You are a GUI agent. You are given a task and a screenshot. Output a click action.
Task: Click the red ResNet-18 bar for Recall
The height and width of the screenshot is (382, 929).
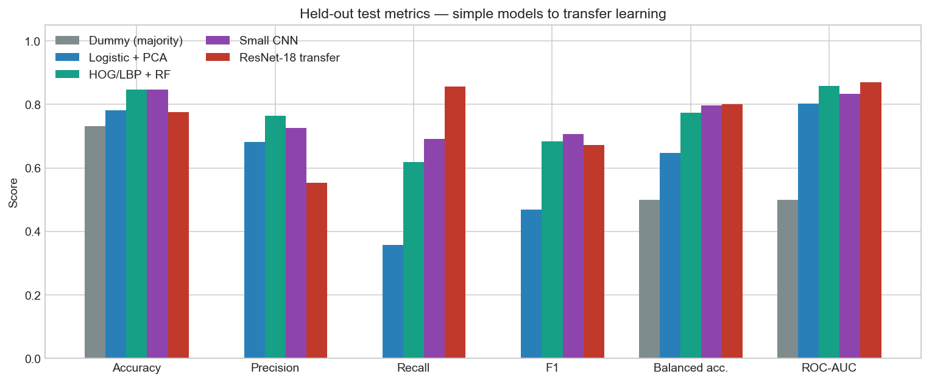[x=455, y=222]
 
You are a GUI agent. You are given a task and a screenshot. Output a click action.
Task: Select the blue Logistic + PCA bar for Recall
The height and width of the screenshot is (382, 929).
[x=393, y=302]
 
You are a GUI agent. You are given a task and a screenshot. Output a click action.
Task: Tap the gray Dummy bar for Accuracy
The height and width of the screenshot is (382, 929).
[x=95, y=242]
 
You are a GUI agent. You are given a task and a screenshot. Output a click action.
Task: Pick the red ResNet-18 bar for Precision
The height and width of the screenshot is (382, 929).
[x=317, y=271]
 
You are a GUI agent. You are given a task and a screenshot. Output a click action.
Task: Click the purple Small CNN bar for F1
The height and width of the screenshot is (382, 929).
[x=573, y=246]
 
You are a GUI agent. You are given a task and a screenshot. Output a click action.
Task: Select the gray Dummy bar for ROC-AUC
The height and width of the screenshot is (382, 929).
[x=788, y=278]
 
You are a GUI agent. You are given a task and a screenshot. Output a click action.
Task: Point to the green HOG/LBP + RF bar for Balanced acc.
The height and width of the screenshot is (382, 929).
[x=691, y=235]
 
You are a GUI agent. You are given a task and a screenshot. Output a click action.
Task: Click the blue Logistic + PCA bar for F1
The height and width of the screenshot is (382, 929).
[x=531, y=284]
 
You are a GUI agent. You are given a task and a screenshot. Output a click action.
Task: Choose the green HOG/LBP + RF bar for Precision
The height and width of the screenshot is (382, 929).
[x=275, y=237]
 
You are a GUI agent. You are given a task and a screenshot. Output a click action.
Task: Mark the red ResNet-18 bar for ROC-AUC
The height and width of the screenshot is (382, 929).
[x=871, y=220]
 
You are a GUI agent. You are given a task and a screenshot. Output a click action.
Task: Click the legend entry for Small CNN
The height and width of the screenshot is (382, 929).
[x=252, y=40]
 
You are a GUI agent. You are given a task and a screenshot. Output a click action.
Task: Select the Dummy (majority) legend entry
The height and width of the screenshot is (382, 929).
[x=119, y=40]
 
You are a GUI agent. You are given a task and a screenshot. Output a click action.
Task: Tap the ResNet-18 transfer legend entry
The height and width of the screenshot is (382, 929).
[x=272, y=57]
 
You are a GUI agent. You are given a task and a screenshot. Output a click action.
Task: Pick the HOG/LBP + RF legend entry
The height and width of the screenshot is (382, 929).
[x=113, y=74]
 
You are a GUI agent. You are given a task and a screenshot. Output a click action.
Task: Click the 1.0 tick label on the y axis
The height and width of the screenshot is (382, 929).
[x=32, y=41]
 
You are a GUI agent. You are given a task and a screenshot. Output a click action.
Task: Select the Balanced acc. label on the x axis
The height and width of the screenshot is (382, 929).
[x=691, y=368]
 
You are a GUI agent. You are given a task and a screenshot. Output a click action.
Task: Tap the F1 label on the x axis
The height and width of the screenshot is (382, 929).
[x=552, y=368]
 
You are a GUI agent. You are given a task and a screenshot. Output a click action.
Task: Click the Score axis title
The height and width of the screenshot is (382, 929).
[x=13, y=193]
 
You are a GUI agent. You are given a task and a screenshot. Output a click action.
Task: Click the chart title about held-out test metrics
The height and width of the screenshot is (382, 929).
[x=482, y=13]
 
